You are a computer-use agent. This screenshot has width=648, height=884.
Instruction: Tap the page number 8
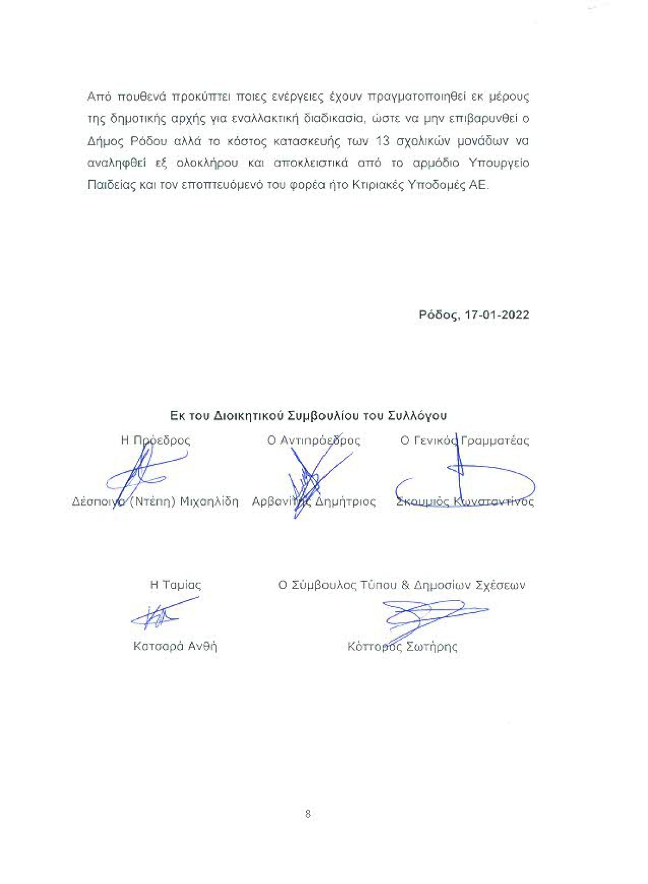308,814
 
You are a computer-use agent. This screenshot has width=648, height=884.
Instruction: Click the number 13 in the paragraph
383,141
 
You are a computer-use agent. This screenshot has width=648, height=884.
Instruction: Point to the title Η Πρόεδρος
155,440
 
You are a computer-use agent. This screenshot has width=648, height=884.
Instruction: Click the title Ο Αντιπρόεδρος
313,440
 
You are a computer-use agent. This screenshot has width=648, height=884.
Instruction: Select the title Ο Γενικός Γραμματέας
464,440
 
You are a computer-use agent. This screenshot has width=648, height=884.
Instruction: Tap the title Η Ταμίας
175,585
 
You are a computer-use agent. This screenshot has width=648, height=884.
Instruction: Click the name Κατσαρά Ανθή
175,646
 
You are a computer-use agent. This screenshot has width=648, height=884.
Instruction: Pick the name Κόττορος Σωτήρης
402,646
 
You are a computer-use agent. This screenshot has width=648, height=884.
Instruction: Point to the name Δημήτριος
346,502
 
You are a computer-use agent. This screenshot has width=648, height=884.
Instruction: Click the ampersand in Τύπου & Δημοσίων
405,585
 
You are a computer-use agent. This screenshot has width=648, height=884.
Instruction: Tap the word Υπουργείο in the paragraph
499,163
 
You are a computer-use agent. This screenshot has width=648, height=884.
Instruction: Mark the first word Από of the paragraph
100,97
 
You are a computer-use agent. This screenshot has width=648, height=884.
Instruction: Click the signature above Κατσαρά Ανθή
160,614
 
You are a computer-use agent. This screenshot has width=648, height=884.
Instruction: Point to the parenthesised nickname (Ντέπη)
152,502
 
